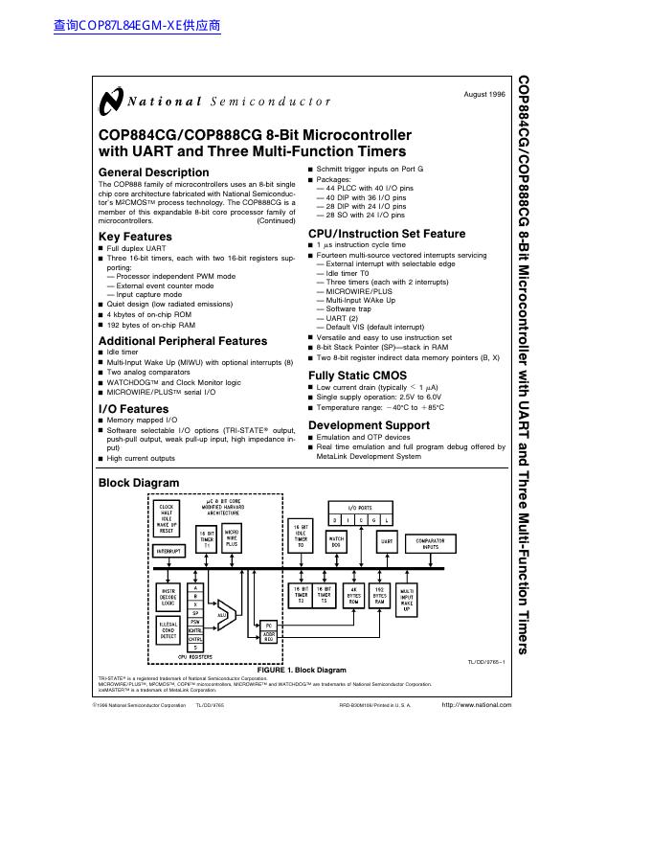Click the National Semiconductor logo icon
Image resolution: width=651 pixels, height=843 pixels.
(x=111, y=101)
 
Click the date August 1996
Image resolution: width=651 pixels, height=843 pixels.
(x=483, y=95)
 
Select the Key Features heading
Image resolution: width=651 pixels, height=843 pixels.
(x=136, y=237)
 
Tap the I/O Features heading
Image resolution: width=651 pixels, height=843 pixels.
(x=133, y=409)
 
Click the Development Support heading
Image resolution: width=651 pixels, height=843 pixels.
(x=369, y=425)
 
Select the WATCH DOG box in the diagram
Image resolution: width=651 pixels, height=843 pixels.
(x=337, y=541)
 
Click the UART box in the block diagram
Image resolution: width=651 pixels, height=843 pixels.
(x=388, y=541)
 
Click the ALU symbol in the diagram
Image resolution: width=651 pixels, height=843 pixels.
(x=222, y=614)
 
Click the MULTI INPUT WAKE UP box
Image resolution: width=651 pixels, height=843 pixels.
(x=407, y=600)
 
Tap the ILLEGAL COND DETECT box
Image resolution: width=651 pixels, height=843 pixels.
(x=168, y=629)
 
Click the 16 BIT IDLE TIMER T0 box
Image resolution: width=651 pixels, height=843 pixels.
(x=301, y=535)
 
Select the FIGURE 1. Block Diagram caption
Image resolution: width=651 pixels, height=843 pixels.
(x=302, y=671)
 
